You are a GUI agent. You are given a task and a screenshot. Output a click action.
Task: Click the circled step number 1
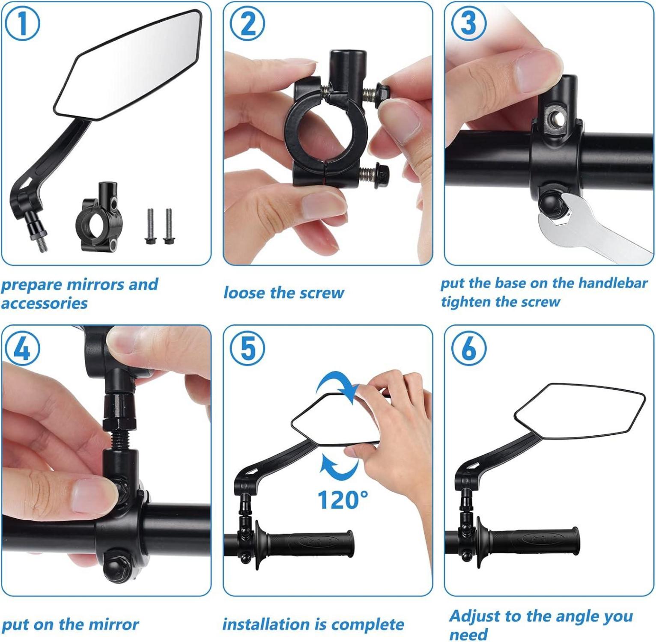pos(22,24)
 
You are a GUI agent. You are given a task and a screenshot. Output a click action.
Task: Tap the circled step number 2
pos(247,24)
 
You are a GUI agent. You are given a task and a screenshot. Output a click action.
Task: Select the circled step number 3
pos(469,24)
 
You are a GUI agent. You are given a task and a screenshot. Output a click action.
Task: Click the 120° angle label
pos(343,499)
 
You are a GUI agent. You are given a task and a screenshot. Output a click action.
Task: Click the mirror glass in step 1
pos(128,64)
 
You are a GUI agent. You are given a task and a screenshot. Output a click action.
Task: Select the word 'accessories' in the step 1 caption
pos(45,303)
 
